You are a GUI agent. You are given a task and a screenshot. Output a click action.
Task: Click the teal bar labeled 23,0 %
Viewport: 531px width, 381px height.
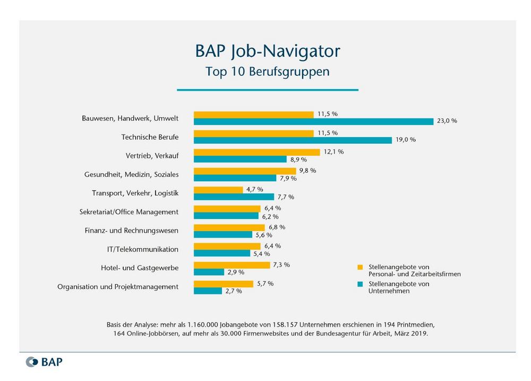(313, 121)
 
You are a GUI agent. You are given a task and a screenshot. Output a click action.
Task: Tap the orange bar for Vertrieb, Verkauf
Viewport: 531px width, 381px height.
(256, 152)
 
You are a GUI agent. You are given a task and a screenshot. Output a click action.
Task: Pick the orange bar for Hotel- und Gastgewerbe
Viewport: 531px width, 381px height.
(232, 265)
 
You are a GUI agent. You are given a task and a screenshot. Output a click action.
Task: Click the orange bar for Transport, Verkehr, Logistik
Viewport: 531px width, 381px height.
(218, 190)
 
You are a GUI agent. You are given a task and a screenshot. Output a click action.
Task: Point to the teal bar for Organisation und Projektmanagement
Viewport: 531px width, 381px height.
(208, 291)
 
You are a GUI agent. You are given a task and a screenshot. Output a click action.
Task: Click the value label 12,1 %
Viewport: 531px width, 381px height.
(333, 152)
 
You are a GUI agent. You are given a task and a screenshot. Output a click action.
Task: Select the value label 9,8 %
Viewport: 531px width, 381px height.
(307, 171)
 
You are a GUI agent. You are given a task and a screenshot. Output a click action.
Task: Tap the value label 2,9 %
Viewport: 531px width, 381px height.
(236, 272)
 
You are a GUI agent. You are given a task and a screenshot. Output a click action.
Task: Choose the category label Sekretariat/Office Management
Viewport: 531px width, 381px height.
(129, 212)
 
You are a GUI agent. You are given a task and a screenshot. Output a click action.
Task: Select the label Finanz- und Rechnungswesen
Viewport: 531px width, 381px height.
(132, 231)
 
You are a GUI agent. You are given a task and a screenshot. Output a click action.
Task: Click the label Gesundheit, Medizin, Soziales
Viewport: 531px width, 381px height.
(132, 174)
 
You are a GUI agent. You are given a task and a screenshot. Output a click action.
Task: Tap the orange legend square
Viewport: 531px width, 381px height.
(360, 267)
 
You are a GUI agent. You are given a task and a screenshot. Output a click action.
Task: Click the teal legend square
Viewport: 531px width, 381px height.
(360, 284)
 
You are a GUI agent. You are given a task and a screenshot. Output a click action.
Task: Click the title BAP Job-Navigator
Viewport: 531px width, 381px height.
(268, 51)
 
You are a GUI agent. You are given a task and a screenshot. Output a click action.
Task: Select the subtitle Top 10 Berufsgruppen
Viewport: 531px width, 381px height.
(268, 72)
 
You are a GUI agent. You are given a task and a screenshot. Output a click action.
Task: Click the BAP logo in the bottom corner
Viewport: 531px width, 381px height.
(44, 362)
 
